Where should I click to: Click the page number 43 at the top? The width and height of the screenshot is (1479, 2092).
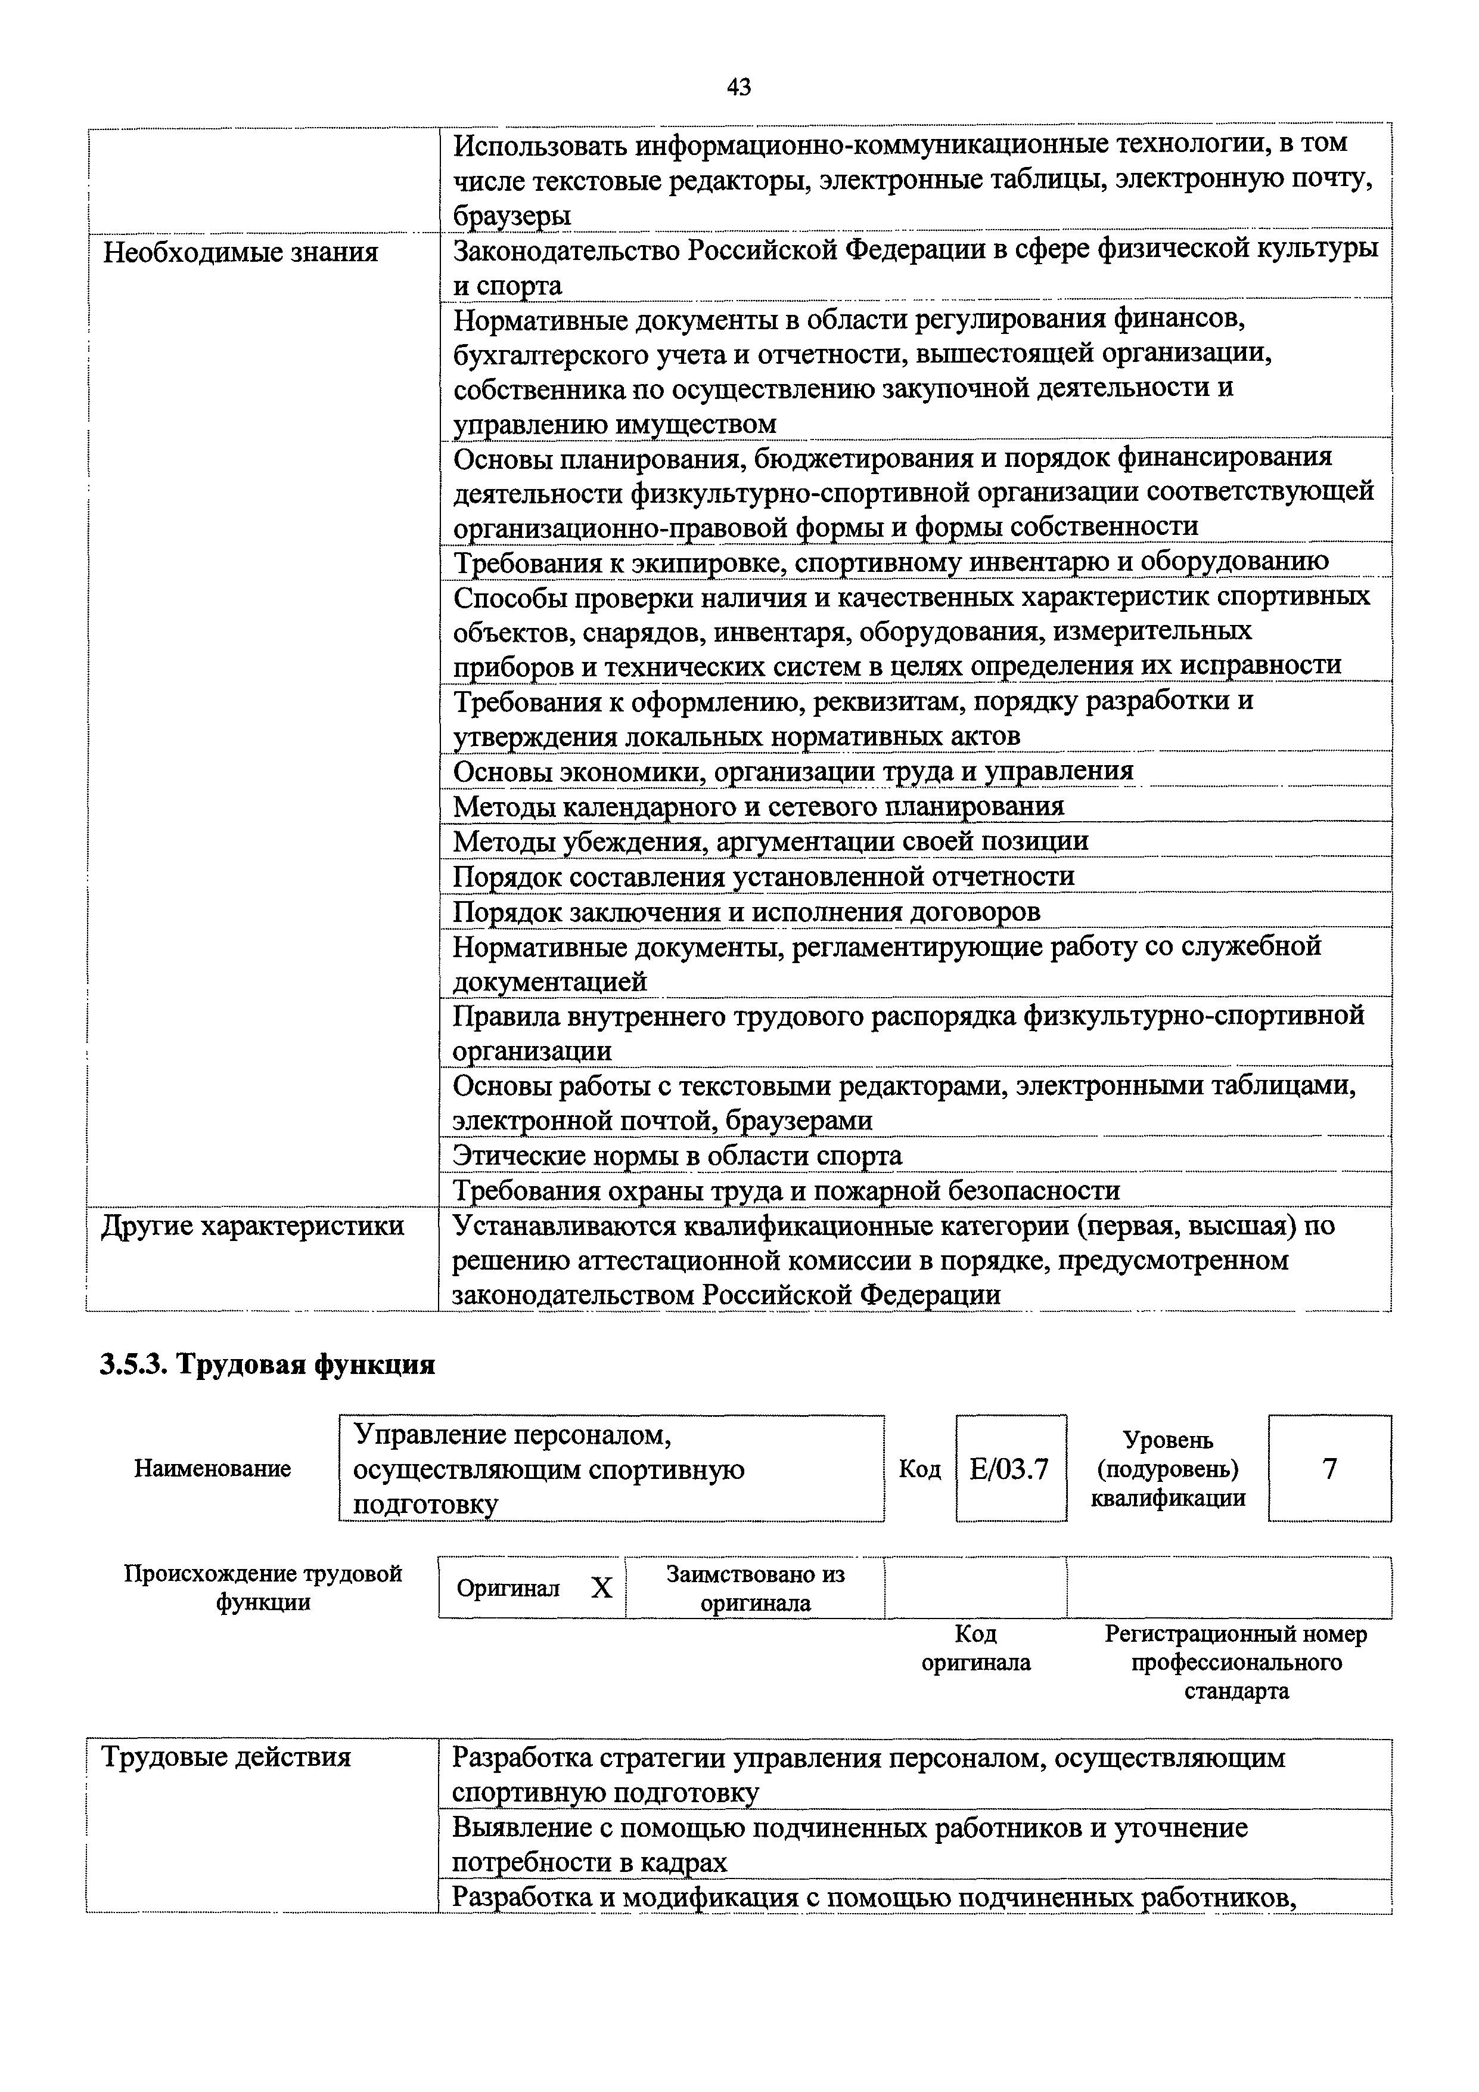click(x=738, y=88)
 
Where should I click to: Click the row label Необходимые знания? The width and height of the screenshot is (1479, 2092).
click(x=240, y=252)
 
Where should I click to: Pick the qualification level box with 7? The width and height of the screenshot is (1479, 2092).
click(x=1329, y=1469)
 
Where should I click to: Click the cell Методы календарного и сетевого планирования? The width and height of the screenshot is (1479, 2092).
click(x=758, y=806)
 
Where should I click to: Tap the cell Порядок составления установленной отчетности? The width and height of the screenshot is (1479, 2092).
click(x=763, y=877)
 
